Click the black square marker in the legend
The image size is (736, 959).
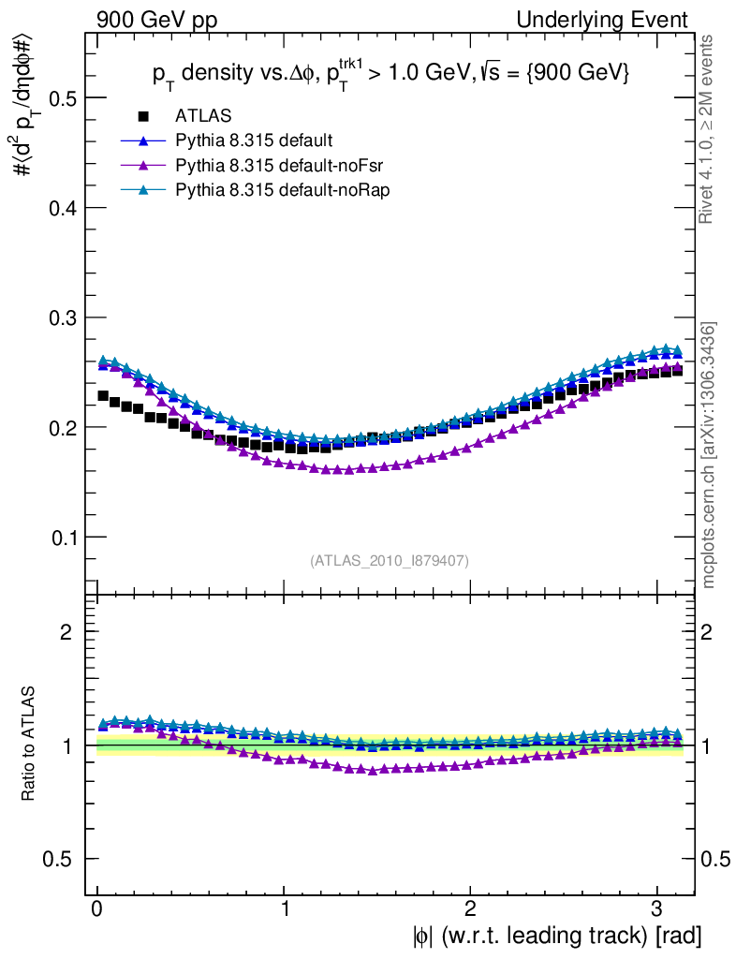click(x=143, y=116)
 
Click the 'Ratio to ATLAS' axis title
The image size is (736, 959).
click(x=29, y=745)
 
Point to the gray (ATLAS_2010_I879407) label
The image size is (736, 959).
click(x=390, y=561)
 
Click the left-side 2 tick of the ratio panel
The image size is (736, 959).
click(x=66, y=632)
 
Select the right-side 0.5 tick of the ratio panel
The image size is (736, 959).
click(x=715, y=859)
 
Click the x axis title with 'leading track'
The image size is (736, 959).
click(x=553, y=936)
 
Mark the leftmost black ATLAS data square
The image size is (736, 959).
click(x=103, y=396)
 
